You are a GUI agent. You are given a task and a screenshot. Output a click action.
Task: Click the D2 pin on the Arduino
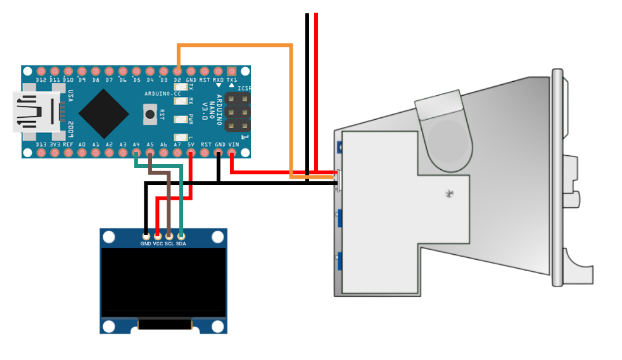[x=177, y=71]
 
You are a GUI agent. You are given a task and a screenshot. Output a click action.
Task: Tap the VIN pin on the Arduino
[x=232, y=153]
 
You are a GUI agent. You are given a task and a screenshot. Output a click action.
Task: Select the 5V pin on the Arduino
[x=191, y=153]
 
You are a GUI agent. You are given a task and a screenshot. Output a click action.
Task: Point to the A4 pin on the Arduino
[x=136, y=153]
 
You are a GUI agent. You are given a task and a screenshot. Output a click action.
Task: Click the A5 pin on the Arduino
[x=150, y=153]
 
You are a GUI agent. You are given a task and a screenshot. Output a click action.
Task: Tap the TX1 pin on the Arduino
[x=232, y=71]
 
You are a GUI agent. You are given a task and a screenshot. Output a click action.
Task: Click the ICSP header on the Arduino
[x=234, y=112]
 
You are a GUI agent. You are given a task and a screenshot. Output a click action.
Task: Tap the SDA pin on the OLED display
[x=181, y=236]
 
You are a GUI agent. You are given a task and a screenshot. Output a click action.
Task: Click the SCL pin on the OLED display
[x=169, y=236]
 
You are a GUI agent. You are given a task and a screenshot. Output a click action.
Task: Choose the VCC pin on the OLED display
[x=158, y=236]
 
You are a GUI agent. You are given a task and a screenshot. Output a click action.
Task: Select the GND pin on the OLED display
[x=146, y=236]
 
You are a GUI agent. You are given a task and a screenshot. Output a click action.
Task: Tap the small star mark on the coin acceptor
[x=450, y=193]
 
